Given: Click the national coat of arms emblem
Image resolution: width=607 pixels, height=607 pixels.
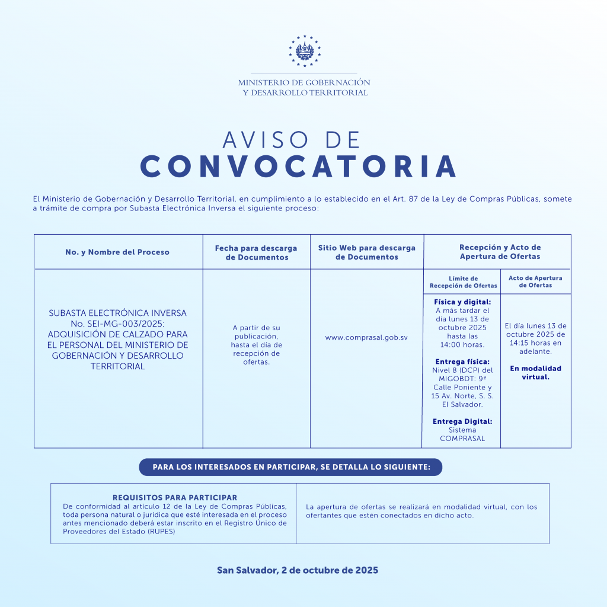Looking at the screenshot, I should [x=304, y=52].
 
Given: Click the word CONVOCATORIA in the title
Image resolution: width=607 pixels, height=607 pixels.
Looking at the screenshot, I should [x=299, y=167].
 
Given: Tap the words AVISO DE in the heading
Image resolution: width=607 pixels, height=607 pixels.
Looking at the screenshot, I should [x=292, y=140].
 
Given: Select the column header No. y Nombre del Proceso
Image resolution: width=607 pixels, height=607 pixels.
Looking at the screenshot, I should [x=117, y=252].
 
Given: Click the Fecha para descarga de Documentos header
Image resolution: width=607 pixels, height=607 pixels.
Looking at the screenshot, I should [x=256, y=253].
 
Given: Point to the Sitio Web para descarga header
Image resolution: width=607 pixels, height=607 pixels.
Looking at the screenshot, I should [x=366, y=253].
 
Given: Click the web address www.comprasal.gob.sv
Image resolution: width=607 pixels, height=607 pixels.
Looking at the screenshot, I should [x=366, y=337].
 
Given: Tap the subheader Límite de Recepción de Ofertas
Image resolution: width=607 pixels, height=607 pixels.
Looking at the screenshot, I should [x=463, y=282].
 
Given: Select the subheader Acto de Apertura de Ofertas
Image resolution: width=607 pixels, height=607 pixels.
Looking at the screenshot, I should [x=535, y=282].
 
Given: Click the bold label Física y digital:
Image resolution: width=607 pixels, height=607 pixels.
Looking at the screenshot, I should [x=462, y=302].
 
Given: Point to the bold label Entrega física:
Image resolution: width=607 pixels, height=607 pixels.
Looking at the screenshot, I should [x=462, y=362].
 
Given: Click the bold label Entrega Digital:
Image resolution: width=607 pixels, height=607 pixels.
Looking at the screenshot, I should [x=462, y=421].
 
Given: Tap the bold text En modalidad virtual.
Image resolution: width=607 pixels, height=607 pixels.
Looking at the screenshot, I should [x=535, y=372].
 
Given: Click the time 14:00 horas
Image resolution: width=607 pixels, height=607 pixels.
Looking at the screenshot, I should [x=462, y=345].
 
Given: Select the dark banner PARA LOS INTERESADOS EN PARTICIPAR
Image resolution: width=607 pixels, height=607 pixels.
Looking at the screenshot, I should [x=291, y=467].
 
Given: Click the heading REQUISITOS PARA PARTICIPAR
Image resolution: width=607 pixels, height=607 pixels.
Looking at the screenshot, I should [x=175, y=498].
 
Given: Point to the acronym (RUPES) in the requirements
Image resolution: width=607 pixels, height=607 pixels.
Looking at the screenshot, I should [x=158, y=532].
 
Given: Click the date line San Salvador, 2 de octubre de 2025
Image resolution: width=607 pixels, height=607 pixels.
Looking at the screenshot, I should [x=298, y=570].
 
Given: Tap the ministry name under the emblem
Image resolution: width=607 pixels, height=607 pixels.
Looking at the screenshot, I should [x=304, y=88].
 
